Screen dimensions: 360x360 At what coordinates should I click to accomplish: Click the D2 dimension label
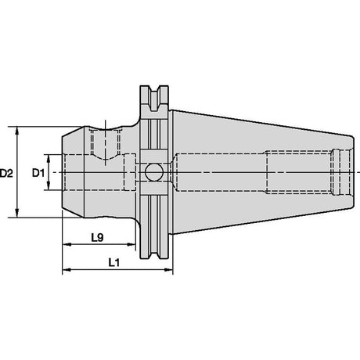pos(6,173)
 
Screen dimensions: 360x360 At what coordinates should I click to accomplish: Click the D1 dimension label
pos(38,173)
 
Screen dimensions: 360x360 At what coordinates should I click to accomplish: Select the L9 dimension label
pos(97,237)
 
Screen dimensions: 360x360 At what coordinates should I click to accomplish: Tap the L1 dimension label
pos(114,263)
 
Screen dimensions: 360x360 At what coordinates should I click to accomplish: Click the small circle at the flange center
pos(154,172)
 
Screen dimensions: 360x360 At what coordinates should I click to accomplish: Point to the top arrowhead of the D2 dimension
pos(17,131)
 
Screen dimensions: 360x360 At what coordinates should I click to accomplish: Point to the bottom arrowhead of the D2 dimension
pos(17,213)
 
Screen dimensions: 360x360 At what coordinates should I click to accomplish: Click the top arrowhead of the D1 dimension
pos(49,158)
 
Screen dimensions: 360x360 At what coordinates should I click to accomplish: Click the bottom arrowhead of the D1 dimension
pos(49,186)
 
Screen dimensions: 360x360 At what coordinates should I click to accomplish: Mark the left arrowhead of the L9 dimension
pos(67,244)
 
